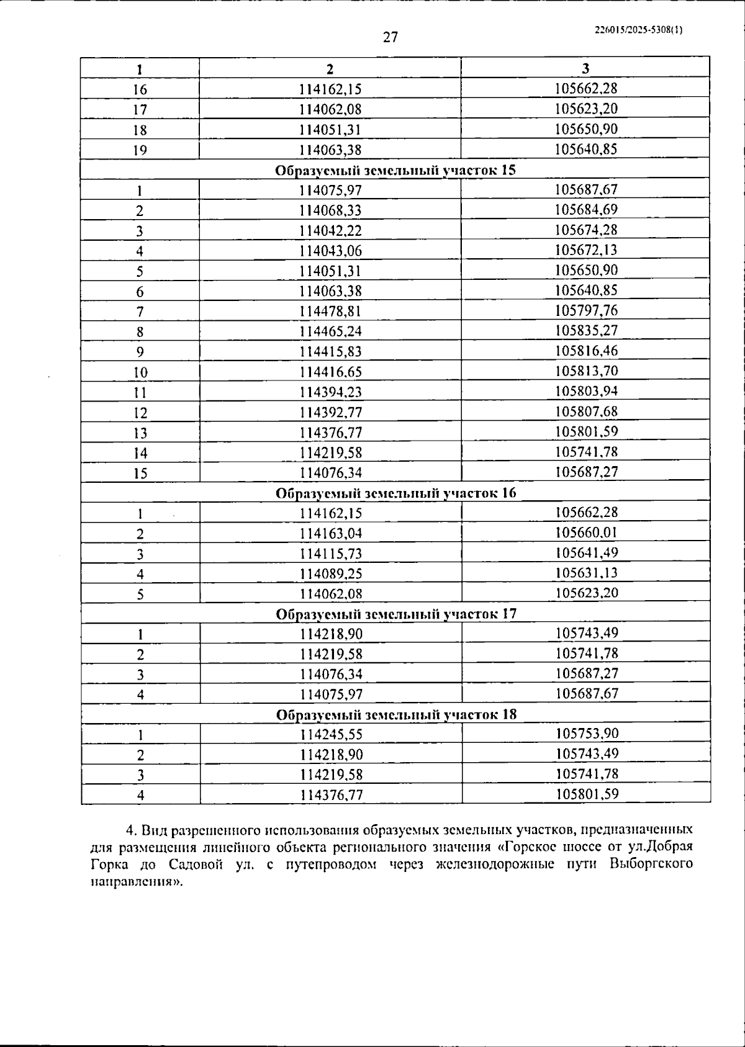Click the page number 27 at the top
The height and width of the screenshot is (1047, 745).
pos(391,37)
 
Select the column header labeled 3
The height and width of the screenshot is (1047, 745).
pos(585,68)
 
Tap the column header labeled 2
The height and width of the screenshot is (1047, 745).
pos(330,69)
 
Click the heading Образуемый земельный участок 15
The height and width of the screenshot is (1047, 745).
pos(395,170)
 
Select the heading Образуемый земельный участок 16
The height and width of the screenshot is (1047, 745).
pos(395,493)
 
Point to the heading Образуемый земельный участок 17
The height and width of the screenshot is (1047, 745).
pos(395,614)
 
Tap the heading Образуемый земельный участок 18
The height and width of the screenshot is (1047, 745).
pos(395,714)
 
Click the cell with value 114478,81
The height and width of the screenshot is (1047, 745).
pos(330,311)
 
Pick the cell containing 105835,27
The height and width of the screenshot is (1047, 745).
pos(586,330)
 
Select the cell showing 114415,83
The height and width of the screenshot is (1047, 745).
pos(330,351)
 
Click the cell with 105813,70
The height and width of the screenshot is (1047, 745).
pos(586,371)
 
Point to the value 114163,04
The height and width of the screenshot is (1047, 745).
pos(330,533)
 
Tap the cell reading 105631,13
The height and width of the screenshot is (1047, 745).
pos(586,572)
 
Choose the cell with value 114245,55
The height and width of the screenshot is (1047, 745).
pos(331,735)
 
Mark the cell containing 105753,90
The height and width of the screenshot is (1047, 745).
pos(587,734)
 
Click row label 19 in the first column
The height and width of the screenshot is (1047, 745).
pos(140,150)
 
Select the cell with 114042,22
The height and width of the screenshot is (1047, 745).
pos(330,230)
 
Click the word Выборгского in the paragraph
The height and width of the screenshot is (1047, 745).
pos(651,864)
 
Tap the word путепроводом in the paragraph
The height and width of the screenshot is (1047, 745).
pos(330,864)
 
